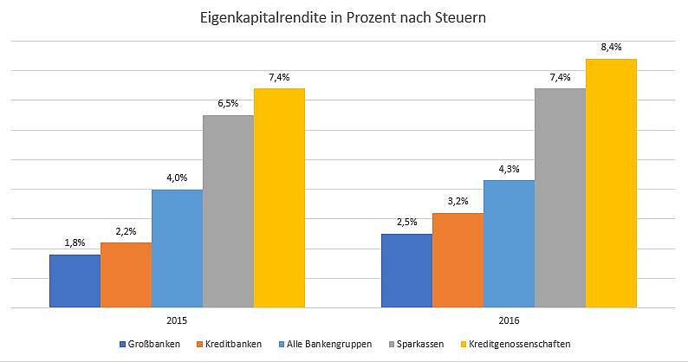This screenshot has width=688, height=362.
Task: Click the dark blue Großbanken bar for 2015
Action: click(75, 281)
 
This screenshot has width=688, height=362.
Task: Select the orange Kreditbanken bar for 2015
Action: click(126, 275)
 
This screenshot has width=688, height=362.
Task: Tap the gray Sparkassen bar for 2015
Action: click(228, 211)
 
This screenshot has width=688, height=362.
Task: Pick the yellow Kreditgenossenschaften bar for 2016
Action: click(611, 183)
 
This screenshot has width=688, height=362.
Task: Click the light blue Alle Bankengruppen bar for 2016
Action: click(509, 243)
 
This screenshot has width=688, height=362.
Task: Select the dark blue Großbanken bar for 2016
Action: click(406, 270)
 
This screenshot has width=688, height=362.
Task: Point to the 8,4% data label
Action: click(611, 47)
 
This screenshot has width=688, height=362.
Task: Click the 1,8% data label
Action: click(75, 242)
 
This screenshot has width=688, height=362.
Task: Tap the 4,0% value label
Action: click(177, 178)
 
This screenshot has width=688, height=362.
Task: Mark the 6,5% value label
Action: click(228, 103)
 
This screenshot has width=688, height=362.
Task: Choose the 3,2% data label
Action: click(458, 201)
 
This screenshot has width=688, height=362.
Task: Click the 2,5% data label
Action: click(406, 222)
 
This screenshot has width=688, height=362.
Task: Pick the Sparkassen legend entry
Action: click(424, 344)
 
